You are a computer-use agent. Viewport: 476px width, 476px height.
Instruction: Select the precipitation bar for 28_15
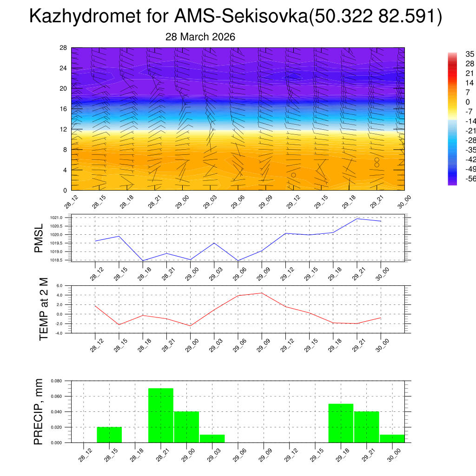(x=109, y=435)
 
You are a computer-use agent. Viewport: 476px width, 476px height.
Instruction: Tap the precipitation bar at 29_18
(x=341, y=423)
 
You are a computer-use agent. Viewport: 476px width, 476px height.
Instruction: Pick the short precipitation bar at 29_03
(x=212, y=438)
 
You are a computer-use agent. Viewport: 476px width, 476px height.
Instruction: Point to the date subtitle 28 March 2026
(x=200, y=37)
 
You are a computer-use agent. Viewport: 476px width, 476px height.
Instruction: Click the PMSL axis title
(x=40, y=238)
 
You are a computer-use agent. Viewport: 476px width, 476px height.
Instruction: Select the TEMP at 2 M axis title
(x=44, y=309)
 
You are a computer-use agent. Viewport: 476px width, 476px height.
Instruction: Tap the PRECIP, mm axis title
(x=39, y=411)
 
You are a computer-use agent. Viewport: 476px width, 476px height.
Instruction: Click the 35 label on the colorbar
(x=469, y=54)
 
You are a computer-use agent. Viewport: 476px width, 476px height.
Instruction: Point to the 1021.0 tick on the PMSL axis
(x=56, y=218)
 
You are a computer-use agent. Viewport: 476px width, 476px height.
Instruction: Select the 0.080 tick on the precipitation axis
(x=56, y=381)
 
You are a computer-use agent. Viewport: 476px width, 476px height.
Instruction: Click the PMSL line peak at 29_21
(x=357, y=218)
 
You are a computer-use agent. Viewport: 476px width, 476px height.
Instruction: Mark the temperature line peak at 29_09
(x=262, y=293)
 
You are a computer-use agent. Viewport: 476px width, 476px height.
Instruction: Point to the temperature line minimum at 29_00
(x=190, y=325)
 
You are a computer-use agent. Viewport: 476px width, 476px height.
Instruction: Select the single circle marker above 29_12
(x=293, y=175)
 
